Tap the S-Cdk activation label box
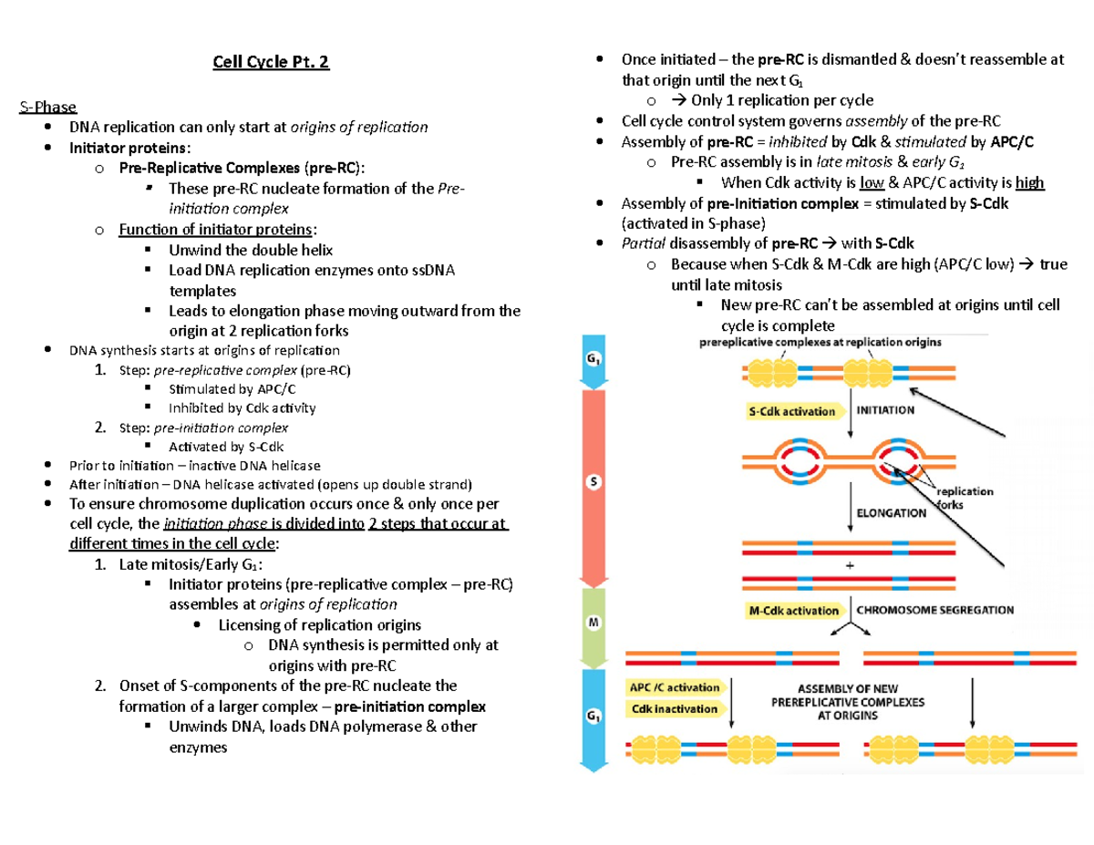point(792,411)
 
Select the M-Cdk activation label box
point(791,610)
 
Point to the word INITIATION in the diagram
point(885,410)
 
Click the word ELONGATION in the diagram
point(892,512)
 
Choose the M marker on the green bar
point(593,622)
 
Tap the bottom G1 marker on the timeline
point(593,717)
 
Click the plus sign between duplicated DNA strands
point(851,564)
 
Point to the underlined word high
point(1030,182)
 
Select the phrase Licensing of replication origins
point(320,624)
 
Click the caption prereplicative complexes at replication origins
point(820,343)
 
